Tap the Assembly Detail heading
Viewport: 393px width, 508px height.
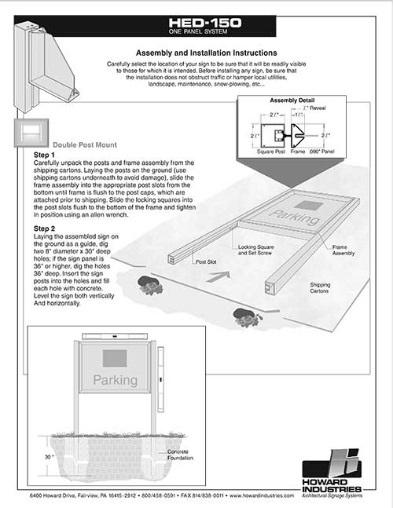[x=292, y=101]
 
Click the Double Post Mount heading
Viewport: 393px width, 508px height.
[x=85, y=145]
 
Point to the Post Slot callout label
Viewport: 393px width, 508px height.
[x=206, y=262]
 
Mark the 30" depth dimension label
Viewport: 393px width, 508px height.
[x=49, y=456]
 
